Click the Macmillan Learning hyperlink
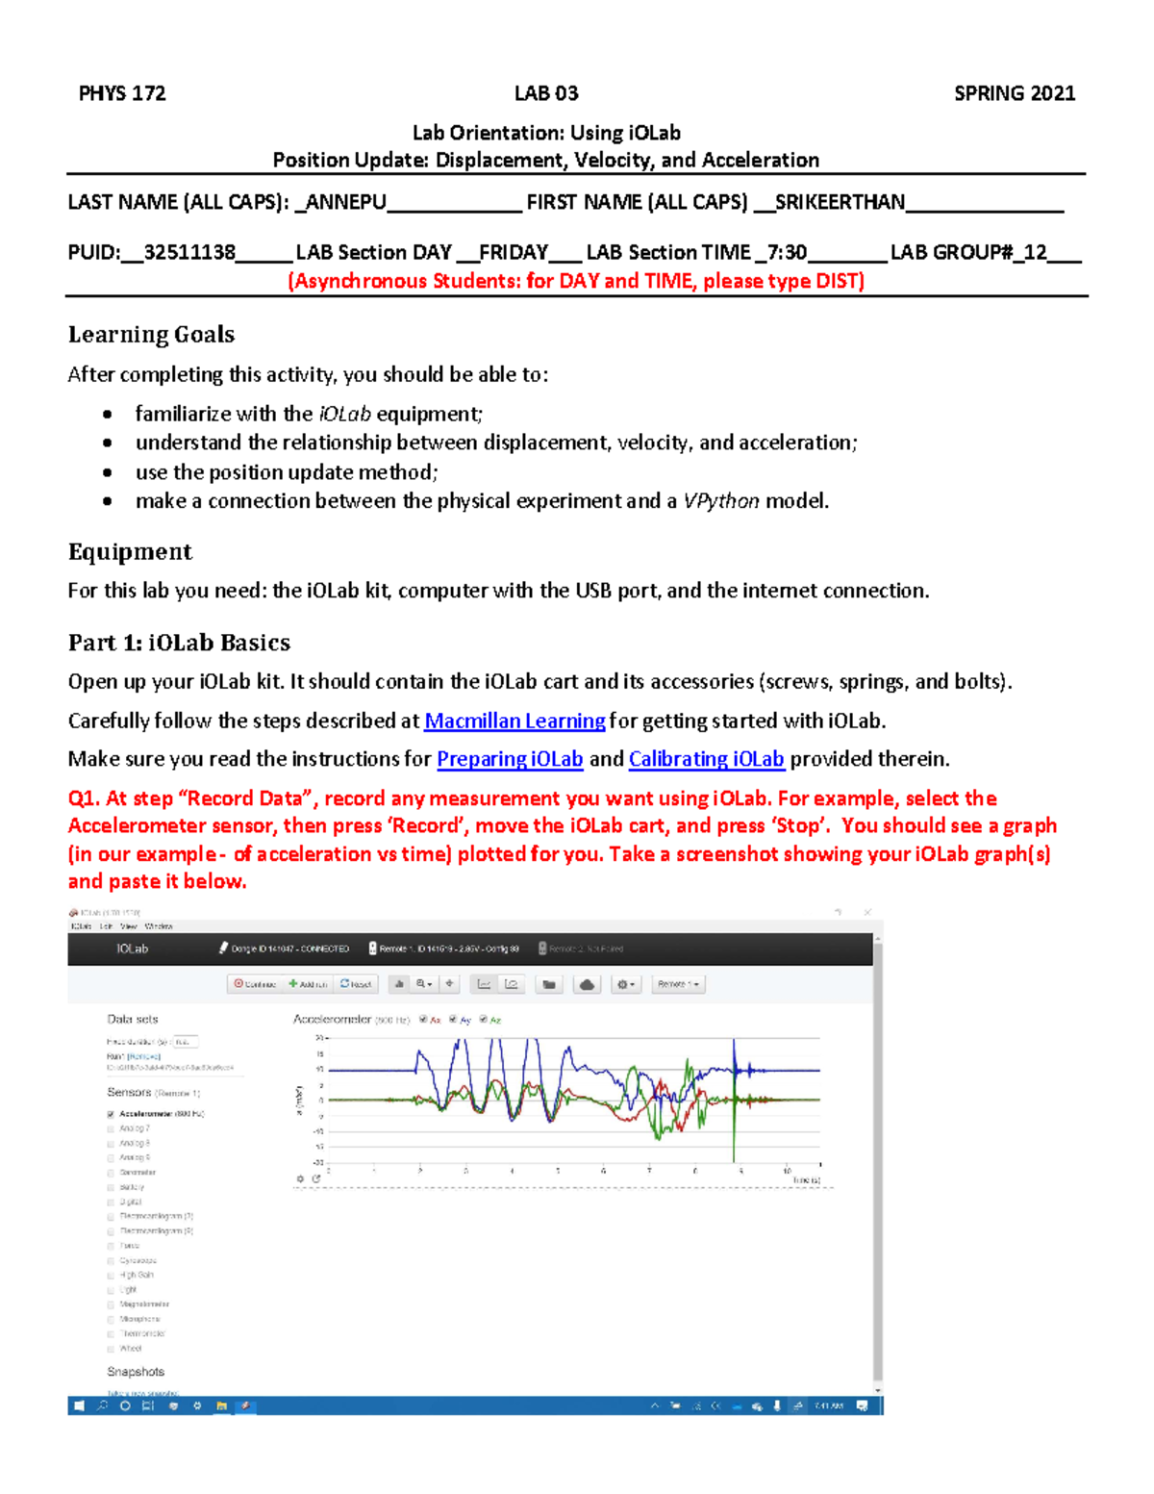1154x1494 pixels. pyautogui.click(x=514, y=721)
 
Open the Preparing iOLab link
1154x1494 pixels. pyautogui.click(x=510, y=759)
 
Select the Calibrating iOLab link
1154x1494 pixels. pyautogui.click(x=706, y=759)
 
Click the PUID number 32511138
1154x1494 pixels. pyautogui.click(x=189, y=253)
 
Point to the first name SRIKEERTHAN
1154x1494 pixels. pyautogui.click(x=839, y=202)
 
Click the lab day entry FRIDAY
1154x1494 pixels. pyautogui.click(x=513, y=253)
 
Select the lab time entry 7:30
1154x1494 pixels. pyautogui.click(x=787, y=253)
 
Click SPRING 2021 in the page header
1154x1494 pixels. pyautogui.click(x=1014, y=93)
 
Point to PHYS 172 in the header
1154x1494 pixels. pyautogui.click(x=122, y=93)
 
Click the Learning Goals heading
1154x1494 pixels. pyautogui.click(x=151, y=335)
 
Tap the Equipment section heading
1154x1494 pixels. pyautogui.click(x=130, y=552)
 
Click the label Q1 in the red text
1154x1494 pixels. pyautogui.click(x=83, y=798)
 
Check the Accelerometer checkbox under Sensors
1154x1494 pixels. pyautogui.click(x=111, y=1114)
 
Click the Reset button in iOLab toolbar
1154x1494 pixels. pyautogui.click(x=356, y=984)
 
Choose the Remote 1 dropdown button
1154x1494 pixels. pyautogui.click(x=678, y=984)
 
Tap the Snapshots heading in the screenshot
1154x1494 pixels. pyautogui.click(x=136, y=1372)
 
